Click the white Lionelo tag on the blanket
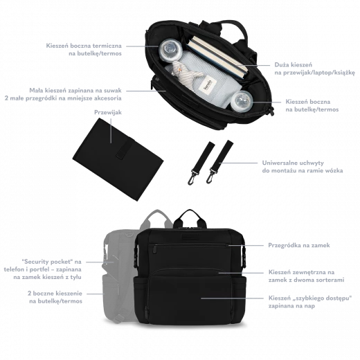[209, 86]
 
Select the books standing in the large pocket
[217, 57]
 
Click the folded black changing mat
[118, 159]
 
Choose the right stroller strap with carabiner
[219, 161]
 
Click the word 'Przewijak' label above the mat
[108, 113]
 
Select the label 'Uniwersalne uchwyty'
[293, 163]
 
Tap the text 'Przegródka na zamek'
[299, 245]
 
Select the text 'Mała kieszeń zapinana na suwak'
[75, 91]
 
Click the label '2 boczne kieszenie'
[55, 294]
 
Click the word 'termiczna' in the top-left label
[107, 46]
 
